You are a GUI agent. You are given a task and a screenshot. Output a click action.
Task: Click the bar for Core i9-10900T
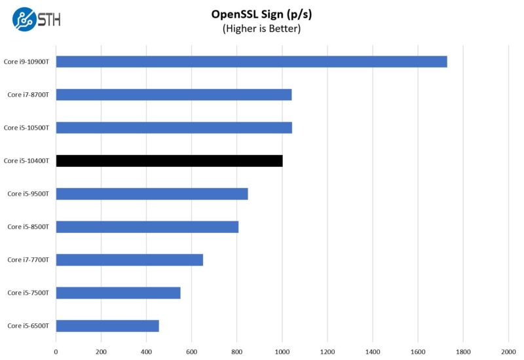(252, 62)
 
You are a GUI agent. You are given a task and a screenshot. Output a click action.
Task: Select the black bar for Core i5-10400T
(169, 161)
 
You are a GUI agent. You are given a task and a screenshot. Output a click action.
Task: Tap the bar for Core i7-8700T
(174, 95)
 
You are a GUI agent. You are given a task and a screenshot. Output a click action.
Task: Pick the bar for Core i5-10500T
(174, 128)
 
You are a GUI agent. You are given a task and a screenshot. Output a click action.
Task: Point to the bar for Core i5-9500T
(152, 194)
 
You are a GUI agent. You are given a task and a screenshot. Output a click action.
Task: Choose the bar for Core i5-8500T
(147, 227)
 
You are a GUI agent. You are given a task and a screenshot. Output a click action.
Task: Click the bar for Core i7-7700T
(130, 260)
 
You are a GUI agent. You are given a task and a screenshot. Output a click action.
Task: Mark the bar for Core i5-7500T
(118, 293)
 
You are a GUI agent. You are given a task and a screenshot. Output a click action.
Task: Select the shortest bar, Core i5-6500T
(107, 326)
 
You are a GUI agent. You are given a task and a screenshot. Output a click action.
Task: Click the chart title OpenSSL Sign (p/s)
(261, 14)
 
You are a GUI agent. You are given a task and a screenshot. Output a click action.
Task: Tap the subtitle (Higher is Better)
(261, 29)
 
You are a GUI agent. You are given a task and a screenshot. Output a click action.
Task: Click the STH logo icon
(24, 18)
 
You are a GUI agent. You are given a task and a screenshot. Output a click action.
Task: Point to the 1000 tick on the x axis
(282, 351)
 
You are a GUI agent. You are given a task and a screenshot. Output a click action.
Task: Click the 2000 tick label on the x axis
(508, 351)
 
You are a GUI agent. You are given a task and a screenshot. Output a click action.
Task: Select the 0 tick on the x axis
(56, 351)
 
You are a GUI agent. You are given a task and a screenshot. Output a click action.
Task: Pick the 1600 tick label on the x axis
(418, 351)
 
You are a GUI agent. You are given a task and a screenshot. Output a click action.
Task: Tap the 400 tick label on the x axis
(147, 351)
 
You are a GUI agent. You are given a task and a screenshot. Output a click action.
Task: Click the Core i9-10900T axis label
(28, 62)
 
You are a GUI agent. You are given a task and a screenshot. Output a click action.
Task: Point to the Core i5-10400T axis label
(28, 161)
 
